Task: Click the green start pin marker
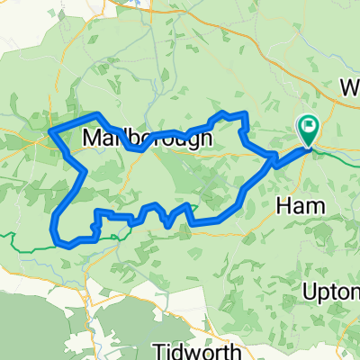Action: click(x=308, y=131)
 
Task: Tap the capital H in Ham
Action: click(x=277, y=206)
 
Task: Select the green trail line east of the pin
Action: click(x=338, y=153)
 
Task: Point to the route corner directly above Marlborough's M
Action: click(x=97, y=114)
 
